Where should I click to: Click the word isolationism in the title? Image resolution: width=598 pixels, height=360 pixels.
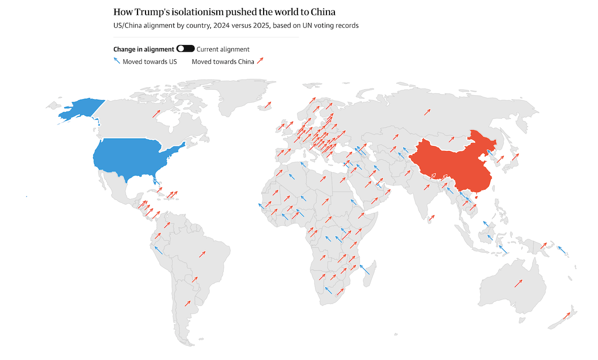click(x=193, y=11)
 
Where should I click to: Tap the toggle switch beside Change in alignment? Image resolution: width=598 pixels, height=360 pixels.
click(x=185, y=49)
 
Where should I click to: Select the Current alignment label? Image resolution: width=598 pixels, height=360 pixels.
click(x=223, y=49)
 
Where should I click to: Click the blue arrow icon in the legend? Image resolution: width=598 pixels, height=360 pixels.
click(x=117, y=61)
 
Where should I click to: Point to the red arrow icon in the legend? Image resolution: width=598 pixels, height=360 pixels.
click(x=260, y=61)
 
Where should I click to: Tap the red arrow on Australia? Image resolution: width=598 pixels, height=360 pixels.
click(x=518, y=283)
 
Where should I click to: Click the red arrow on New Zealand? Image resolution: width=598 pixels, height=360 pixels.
click(x=567, y=316)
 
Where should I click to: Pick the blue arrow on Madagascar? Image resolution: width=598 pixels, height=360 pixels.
click(x=365, y=269)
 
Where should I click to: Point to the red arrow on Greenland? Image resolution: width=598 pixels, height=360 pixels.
click(x=268, y=105)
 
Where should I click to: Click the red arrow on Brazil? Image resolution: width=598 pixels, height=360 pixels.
click(x=202, y=254)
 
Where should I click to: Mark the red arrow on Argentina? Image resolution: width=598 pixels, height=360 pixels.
click(x=188, y=303)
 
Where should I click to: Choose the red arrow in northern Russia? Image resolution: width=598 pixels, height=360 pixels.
click(x=427, y=112)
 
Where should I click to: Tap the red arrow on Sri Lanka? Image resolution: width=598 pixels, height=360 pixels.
click(x=432, y=217)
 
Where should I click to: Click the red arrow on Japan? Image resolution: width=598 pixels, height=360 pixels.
click(x=515, y=158)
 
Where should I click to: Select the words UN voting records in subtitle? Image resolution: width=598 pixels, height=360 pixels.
click(x=332, y=25)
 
